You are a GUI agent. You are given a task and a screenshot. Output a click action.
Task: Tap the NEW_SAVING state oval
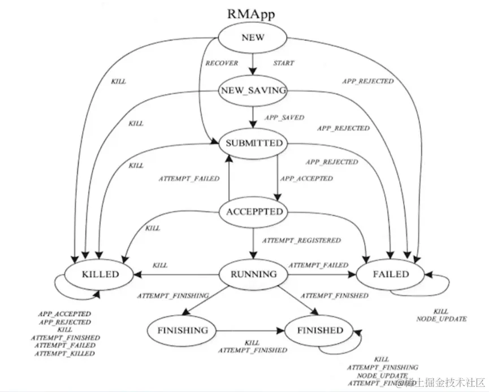point(253,90)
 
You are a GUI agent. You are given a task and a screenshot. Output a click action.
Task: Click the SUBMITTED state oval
point(253,143)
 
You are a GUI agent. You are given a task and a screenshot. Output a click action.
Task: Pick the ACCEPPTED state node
point(254,212)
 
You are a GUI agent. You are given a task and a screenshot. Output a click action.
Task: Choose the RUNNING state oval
point(254,275)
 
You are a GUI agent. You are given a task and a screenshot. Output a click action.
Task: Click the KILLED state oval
point(99,275)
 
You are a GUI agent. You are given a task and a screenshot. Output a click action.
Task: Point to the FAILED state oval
point(390,275)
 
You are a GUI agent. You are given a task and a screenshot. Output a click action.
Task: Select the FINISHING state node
point(183,330)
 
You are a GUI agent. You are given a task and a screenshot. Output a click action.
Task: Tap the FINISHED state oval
point(320,330)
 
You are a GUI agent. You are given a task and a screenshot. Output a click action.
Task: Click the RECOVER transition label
point(222,63)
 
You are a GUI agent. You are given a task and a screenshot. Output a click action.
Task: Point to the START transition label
point(283,63)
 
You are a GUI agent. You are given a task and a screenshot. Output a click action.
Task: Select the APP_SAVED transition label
point(284,117)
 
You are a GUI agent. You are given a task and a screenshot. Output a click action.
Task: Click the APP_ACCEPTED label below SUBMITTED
point(306,178)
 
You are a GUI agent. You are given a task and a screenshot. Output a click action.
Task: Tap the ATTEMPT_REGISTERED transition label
point(301,241)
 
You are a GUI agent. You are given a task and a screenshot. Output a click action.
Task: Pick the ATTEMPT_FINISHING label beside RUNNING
point(173,295)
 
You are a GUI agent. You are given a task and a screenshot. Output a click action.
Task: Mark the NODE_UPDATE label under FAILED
point(441,319)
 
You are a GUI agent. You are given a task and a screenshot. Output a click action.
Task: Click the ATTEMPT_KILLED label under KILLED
point(64,354)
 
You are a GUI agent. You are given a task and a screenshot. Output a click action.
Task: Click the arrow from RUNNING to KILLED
point(176,275)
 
